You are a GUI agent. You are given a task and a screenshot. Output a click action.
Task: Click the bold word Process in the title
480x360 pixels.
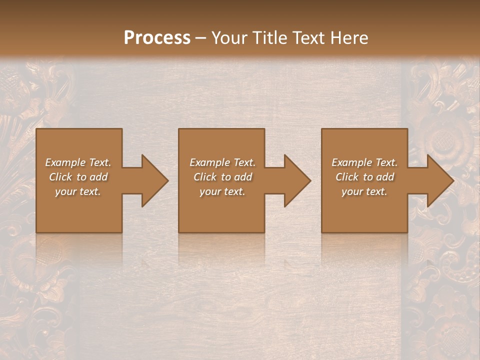[x=157, y=38]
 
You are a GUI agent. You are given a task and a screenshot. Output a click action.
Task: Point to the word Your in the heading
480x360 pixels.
[x=230, y=38]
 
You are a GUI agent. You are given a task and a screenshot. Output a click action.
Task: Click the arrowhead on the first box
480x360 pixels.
[x=152, y=180]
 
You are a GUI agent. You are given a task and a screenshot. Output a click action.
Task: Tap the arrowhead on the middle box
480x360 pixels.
[x=295, y=180]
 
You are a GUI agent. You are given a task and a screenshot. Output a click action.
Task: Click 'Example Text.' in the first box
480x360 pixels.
[x=78, y=162]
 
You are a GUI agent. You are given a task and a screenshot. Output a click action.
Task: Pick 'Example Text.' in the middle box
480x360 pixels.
[x=222, y=162]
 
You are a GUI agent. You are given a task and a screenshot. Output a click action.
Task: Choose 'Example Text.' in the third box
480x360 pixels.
[x=364, y=162]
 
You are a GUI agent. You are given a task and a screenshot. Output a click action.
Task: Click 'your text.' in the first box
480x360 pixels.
[x=78, y=191]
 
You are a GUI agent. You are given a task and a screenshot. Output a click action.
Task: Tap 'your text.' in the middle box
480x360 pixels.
[x=222, y=191]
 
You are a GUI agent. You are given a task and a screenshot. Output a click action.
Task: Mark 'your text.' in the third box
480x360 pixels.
[x=364, y=191]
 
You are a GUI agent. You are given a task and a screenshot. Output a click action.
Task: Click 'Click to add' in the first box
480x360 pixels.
[x=78, y=177]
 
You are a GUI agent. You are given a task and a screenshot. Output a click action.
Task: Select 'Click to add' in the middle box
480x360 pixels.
[x=222, y=177]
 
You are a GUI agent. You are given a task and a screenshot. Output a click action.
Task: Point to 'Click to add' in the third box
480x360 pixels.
[x=364, y=177]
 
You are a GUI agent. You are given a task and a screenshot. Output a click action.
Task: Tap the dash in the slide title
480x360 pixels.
[x=201, y=38]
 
